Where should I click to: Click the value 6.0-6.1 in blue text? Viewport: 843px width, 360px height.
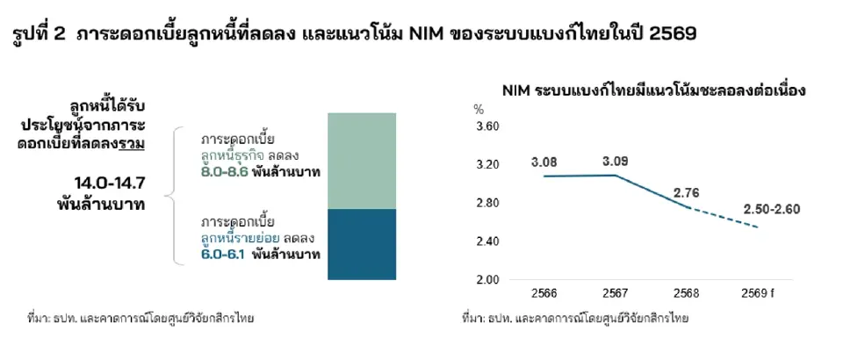pos(224,256)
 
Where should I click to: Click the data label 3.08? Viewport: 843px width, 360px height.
pos(544,162)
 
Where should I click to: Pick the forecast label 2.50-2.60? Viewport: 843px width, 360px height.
pos(771,208)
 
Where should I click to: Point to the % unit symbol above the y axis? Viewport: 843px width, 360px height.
pos(479,110)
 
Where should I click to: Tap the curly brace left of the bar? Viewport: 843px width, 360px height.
pos(177,194)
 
